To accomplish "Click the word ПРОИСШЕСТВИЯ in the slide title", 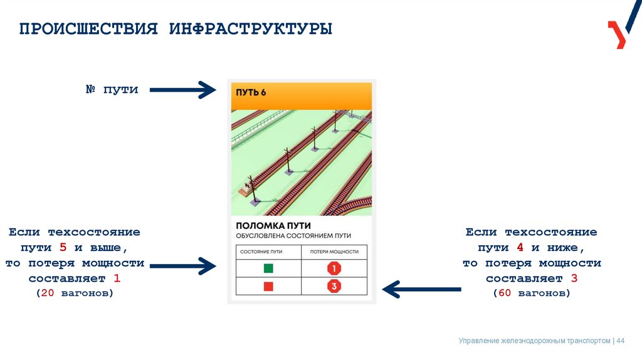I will pyautogui.click(x=88, y=29).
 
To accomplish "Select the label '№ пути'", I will pyautogui.click(x=112, y=90).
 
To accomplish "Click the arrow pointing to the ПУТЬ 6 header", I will pyautogui.click(x=182, y=90).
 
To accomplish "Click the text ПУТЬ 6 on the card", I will pyautogui.click(x=251, y=92).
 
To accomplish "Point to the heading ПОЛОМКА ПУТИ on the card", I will pyautogui.click(x=273, y=225).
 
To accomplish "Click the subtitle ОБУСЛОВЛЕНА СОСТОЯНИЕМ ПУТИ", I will pyautogui.click(x=293, y=236).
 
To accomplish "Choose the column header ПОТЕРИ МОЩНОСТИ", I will pyautogui.click(x=334, y=251).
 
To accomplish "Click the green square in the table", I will pyautogui.click(x=268, y=268).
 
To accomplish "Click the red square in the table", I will pyautogui.click(x=268, y=287).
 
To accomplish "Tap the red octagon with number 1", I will pyautogui.click(x=334, y=268).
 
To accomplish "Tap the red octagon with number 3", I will pyautogui.click(x=334, y=287).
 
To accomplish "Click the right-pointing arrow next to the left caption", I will pyautogui.click(x=182, y=266).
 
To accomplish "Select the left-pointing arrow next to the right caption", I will pyautogui.click(x=421, y=289).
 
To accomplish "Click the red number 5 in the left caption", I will pyautogui.click(x=63, y=248).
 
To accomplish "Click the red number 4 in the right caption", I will pyautogui.click(x=519, y=248).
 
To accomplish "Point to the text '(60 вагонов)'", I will pyautogui.click(x=531, y=293).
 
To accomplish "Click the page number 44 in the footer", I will pyautogui.click(x=621, y=341).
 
